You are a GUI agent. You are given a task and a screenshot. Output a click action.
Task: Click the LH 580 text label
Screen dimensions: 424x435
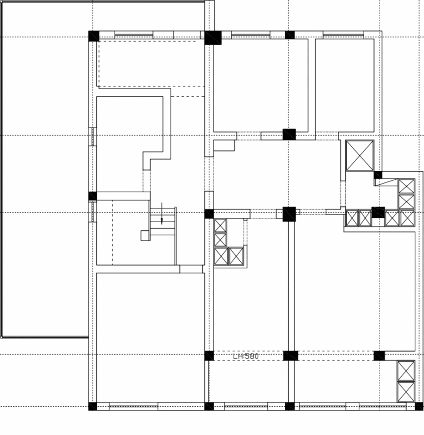click(x=246, y=356)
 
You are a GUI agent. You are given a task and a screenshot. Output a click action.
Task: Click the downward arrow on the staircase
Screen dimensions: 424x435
click(x=162, y=213)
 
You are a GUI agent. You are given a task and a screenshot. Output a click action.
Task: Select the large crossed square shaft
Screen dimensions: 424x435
click(x=359, y=155)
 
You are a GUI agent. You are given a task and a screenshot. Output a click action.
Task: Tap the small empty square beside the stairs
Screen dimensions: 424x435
click(x=145, y=236)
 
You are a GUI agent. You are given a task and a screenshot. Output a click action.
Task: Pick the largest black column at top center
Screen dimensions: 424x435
click(x=213, y=37)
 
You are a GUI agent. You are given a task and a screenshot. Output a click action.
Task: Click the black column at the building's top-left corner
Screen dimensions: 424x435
click(x=94, y=36)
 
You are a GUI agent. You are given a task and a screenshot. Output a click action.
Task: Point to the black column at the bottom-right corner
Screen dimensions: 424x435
click(x=419, y=406)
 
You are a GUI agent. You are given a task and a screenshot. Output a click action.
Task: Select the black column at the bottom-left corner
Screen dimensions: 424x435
click(x=93, y=406)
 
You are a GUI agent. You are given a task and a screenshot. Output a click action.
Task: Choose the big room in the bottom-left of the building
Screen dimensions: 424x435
click(x=151, y=337)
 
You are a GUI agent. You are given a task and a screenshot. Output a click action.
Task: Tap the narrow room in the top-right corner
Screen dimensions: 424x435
click(x=345, y=85)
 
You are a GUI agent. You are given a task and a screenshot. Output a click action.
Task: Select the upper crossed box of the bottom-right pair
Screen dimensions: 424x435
click(x=406, y=370)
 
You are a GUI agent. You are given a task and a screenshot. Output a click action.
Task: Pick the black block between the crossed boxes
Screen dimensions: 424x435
click(x=378, y=212)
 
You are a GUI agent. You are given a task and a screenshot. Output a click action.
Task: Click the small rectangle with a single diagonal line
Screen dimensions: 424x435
click(x=386, y=182)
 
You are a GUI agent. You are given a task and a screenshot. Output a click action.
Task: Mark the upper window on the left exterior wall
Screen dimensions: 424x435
click(x=92, y=136)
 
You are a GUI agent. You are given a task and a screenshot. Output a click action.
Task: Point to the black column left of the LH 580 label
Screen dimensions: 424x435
click(x=209, y=356)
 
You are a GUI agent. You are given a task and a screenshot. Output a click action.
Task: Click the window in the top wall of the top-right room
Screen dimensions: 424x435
click(x=343, y=35)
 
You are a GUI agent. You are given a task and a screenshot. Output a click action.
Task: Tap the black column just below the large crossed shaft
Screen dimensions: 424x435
click(x=378, y=175)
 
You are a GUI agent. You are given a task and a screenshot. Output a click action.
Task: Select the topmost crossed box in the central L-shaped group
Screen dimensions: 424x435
click(x=220, y=225)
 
